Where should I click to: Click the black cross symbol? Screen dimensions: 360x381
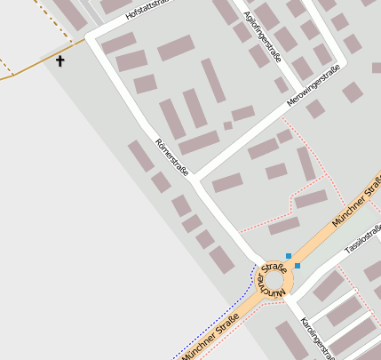(60, 61)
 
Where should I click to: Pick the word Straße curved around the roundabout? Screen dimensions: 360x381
(274, 267)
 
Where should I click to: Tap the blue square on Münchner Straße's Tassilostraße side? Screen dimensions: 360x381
(298, 265)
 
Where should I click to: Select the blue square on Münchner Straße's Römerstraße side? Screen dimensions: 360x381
(289, 256)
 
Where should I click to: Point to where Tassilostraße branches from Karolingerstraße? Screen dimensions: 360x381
(292, 299)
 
